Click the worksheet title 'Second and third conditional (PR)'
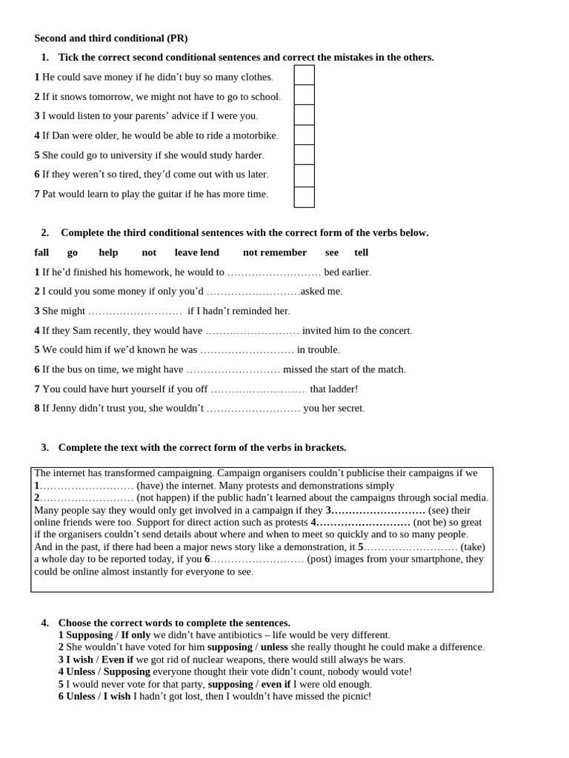[x=111, y=38]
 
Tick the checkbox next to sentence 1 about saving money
[x=304, y=76]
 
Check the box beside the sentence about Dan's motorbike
[x=304, y=135]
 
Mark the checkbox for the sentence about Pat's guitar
[x=304, y=197]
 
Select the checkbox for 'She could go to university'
[x=304, y=155]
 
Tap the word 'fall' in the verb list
[x=41, y=252]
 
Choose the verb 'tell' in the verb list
[x=362, y=252]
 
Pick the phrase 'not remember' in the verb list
[x=275, y=252]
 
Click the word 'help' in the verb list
[x=108, y=252]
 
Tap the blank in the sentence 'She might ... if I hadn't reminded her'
[x=135, y=312]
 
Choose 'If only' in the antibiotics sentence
[x=136, y=635]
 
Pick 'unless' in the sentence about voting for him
[x=274, y=647]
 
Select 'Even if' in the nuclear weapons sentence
[x=117, y=660]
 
